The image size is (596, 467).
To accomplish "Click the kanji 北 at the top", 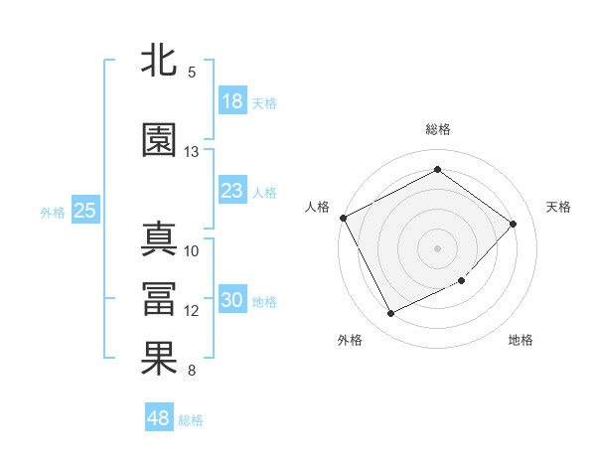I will (159, 61).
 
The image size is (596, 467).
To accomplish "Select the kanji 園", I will (159, 140).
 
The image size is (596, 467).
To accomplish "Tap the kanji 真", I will (159, 239).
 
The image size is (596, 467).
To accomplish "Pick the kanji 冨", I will (159, 299).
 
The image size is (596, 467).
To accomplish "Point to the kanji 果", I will (159, 359).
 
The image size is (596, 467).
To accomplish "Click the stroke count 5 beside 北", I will (192, 73).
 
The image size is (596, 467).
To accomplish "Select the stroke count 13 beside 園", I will (192, 152).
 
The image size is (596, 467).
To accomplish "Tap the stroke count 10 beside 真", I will (192, 251).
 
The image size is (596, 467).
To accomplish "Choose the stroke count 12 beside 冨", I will (192, 311).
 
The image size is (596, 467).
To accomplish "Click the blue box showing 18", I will (231, 101).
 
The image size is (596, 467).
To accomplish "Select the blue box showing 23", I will (231, 191).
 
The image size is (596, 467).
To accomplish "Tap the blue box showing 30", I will (231, 300).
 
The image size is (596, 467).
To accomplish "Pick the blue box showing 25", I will (84, 211).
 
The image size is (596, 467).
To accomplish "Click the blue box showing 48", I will (158, 418).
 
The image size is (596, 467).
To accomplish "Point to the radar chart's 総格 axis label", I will (437, 129).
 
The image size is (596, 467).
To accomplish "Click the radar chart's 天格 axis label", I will (559, 207).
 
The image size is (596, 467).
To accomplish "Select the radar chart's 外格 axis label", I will (350, 340).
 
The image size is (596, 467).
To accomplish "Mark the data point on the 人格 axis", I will (343, 218).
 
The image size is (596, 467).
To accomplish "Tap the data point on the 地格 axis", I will (462, 281).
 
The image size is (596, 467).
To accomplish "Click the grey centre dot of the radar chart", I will (437, 247).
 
